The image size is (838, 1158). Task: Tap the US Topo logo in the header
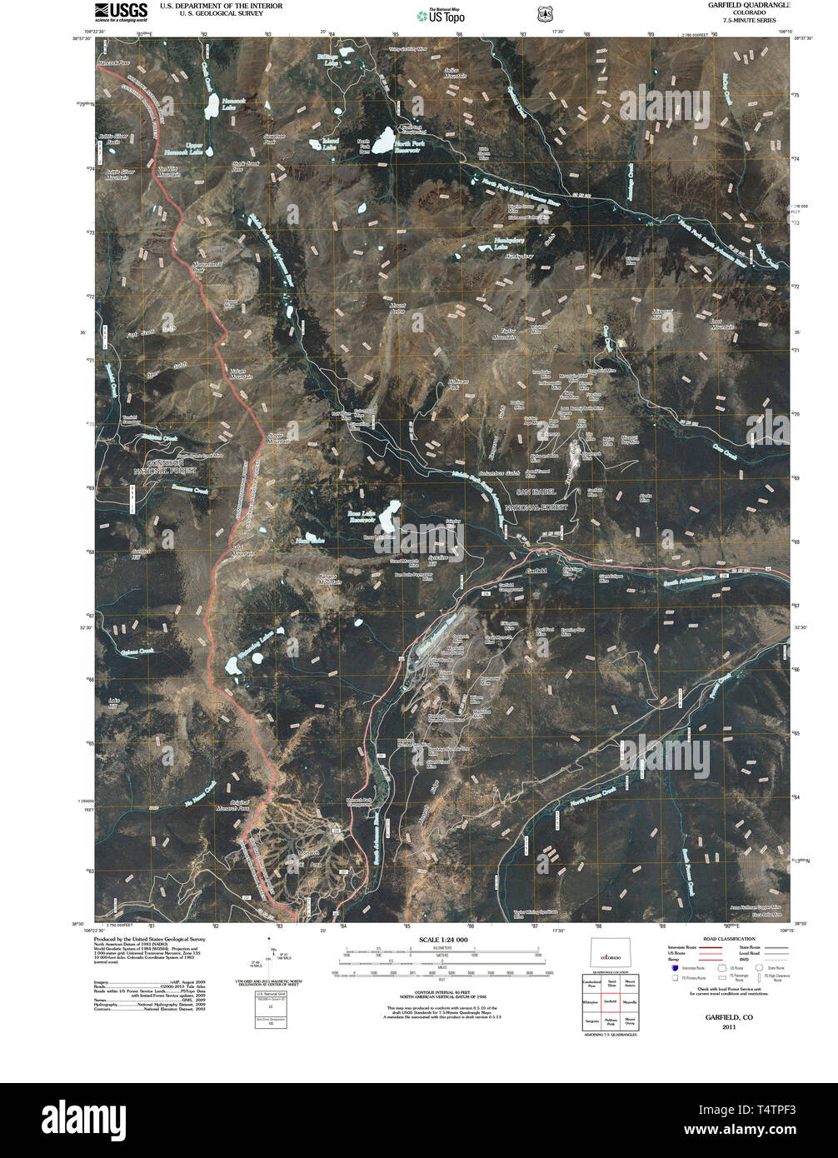441,15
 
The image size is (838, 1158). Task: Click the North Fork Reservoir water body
385,140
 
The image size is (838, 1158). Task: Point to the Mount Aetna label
397,309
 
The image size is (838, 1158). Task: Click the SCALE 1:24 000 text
439,940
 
